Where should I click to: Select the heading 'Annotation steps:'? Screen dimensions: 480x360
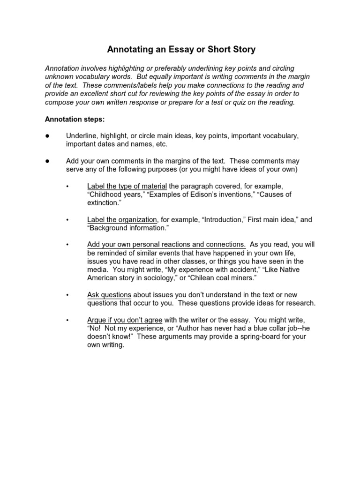tap(75, 119)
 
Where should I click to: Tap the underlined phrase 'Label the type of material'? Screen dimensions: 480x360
tap(127, 186)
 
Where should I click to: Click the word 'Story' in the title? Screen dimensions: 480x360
tap(243, 49)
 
